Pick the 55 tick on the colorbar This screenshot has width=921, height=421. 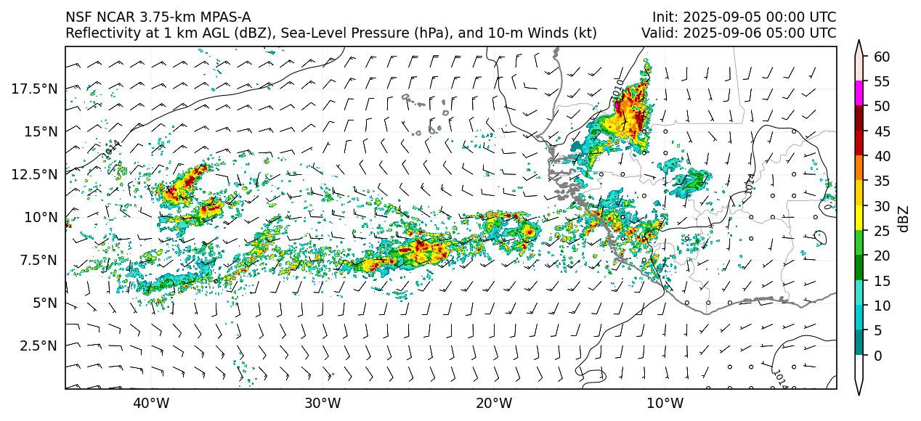tap(881, 81)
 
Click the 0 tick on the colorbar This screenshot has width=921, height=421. tap(877, 356)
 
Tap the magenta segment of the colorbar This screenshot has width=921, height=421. tap(859, 94)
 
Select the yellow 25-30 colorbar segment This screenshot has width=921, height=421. tap(859, 218)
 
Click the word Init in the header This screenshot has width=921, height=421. tap(663, 17)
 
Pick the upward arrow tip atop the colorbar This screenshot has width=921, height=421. tap(859, 44)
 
